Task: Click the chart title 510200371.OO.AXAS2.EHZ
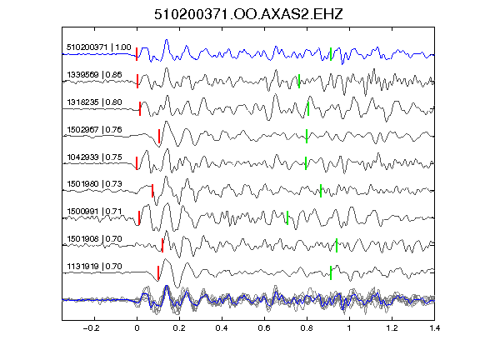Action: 248,14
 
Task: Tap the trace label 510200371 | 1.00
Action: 99,47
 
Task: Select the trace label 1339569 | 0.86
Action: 94,75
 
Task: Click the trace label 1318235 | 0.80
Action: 94,102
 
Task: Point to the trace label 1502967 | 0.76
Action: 94,130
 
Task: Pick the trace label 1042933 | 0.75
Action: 94,157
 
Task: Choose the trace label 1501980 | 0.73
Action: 94,184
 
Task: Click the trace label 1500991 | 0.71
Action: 94,212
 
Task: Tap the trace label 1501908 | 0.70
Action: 94,239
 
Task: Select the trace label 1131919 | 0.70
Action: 94,267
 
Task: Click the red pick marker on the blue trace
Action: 137,54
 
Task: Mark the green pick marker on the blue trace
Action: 331,54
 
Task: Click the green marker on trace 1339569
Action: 299,81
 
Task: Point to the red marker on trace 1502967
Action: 159,136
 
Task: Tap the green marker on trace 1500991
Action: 287,217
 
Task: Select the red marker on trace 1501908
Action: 162,245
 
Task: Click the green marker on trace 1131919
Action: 331,272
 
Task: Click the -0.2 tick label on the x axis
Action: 91,328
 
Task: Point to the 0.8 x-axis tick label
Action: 307,328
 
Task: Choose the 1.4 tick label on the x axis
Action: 434,328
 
